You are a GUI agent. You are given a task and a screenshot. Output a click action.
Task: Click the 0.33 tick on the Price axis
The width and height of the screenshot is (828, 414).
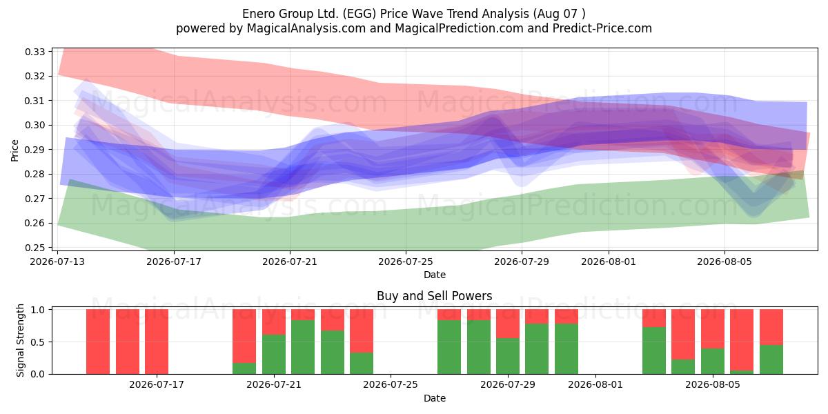[x=34, y=52]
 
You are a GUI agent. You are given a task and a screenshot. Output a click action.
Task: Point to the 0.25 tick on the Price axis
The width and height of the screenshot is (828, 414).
[x=34, y=248]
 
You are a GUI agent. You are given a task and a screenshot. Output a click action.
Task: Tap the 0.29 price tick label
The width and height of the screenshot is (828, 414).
[x=34, y=150]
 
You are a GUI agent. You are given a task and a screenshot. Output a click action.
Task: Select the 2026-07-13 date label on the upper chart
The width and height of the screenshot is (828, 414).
[x=57, y=262]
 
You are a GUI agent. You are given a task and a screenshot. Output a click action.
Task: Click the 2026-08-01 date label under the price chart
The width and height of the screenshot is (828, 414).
[x=609, y=262]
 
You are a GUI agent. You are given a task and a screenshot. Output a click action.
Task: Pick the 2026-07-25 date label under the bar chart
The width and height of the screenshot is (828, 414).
[x=391, y=384]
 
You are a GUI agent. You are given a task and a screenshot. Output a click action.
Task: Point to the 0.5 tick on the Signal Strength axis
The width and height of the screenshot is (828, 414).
[x=38, y=342]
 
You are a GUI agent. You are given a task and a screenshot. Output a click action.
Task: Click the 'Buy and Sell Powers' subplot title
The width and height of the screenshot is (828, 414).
[x=434, y=296]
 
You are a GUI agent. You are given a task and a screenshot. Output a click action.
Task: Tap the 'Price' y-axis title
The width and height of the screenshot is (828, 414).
[x=14, y=150]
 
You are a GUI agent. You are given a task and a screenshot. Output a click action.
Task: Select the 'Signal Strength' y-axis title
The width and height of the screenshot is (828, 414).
[x=20, y=340]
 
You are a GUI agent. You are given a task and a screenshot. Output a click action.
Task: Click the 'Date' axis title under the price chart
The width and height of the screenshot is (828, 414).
[x=434, y=275]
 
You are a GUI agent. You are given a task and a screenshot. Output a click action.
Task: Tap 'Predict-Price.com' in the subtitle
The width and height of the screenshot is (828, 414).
[x=602, y=28]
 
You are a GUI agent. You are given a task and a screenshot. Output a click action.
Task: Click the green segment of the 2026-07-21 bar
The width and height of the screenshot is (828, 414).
[x=274, y=354]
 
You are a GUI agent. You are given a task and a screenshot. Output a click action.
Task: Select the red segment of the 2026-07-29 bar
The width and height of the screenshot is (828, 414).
[x=508, y=324]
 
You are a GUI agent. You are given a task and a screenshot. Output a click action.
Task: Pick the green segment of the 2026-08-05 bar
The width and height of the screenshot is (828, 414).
[x=713, y=361]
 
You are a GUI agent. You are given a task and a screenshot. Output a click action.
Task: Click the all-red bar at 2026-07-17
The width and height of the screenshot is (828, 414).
[x=157, y=342]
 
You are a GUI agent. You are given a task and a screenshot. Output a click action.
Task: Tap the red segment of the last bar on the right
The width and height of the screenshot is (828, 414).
[x=771, y=327]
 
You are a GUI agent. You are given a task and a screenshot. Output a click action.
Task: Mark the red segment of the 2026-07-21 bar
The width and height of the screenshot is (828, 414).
[x=274, y=322]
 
